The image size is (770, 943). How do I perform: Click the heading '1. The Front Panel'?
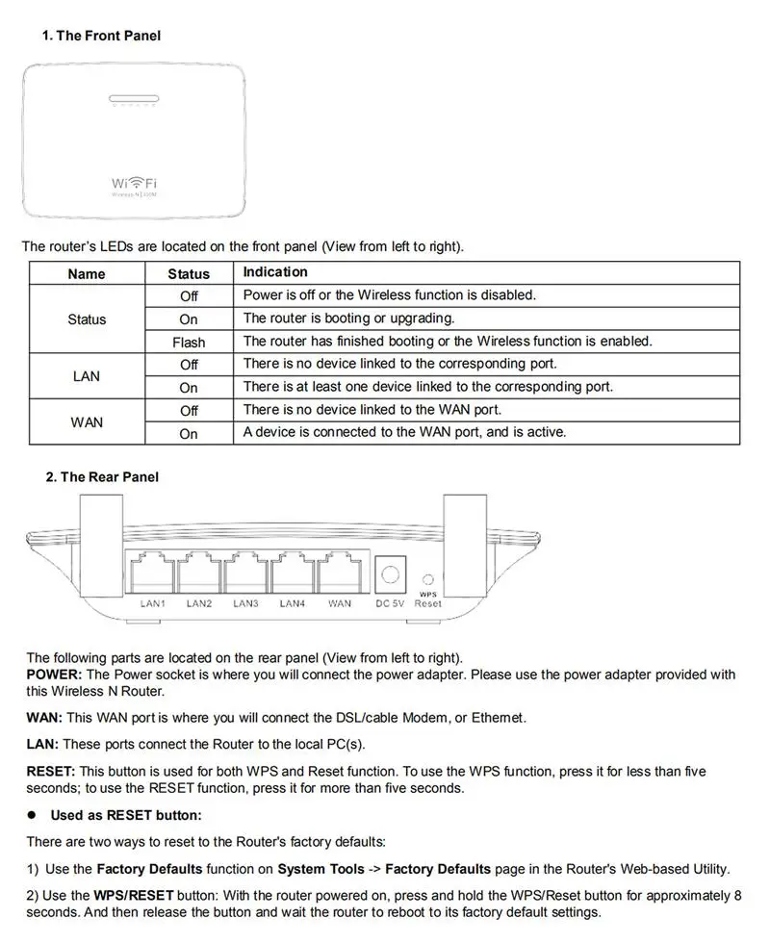point(101,36)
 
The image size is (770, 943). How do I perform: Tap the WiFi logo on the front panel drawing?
point(135,183)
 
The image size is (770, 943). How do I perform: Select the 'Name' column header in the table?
point(87,273)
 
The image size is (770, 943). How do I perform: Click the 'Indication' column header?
point(275,272)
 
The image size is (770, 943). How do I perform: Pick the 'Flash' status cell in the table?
point(189,342)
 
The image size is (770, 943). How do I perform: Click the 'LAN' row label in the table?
point(87,376)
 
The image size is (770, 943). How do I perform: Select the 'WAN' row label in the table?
point(87,422)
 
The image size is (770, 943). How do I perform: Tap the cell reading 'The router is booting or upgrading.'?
point(348,319)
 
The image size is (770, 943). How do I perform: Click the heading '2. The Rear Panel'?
point(102,477)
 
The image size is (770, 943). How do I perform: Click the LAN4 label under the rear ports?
point(293,604)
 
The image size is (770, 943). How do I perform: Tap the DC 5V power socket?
point(390,574)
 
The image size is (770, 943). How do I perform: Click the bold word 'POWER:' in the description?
point(54,675)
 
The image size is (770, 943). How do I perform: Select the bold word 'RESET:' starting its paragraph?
point(51,772)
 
